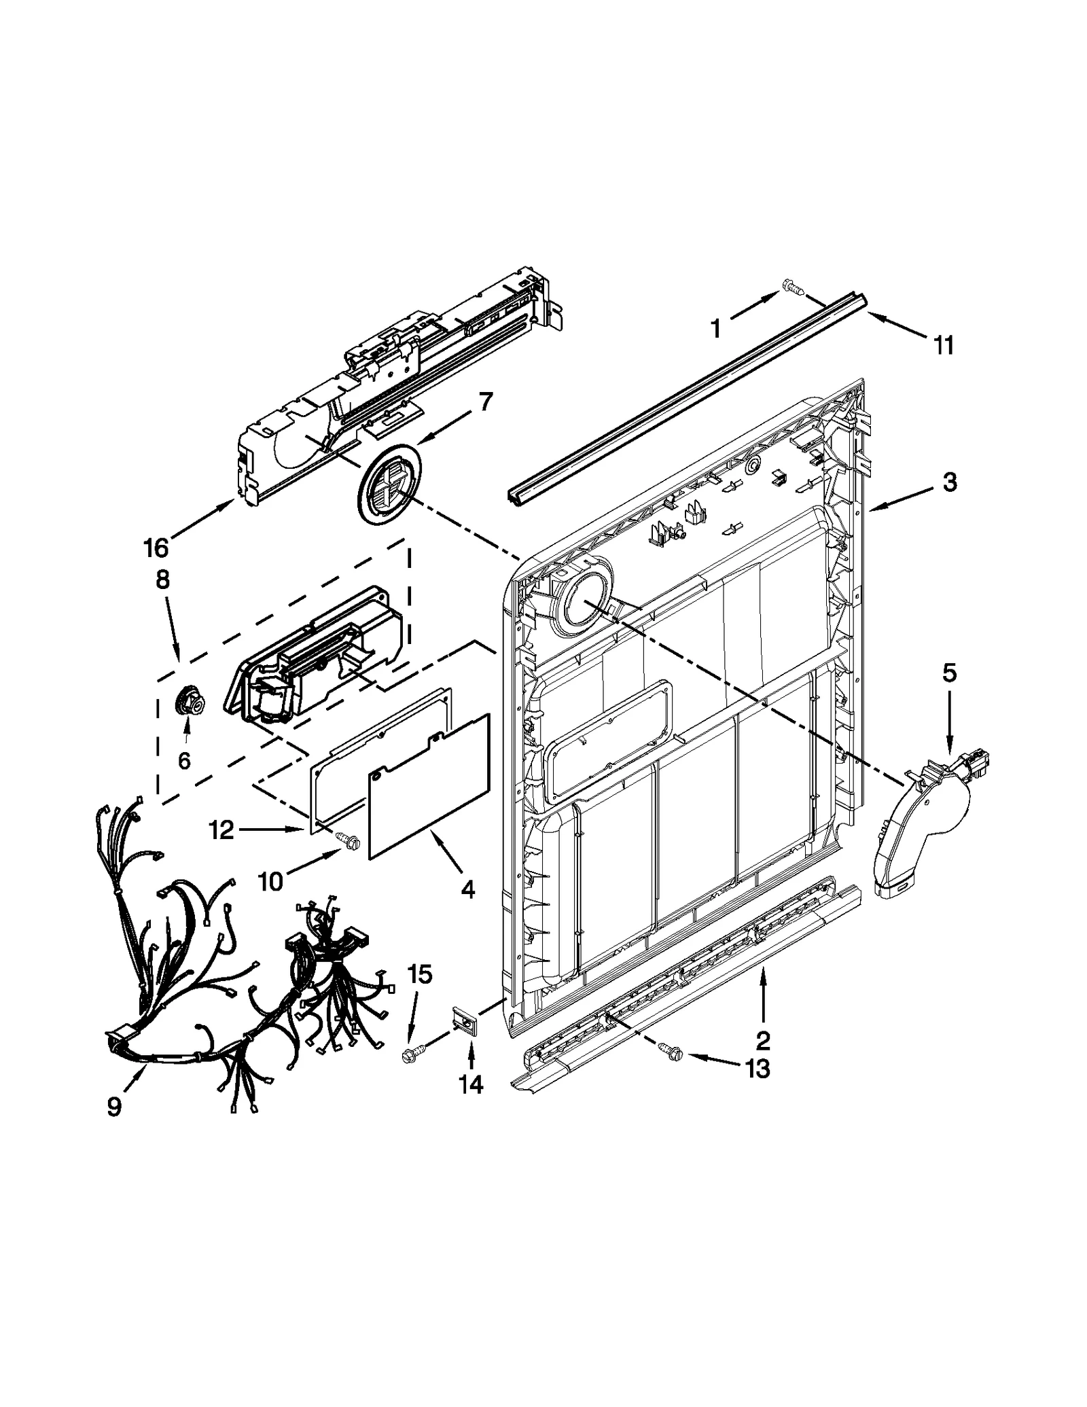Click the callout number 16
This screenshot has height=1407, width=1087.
156,547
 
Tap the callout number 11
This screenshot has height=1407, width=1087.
944,345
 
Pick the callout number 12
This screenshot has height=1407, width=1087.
222,830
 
